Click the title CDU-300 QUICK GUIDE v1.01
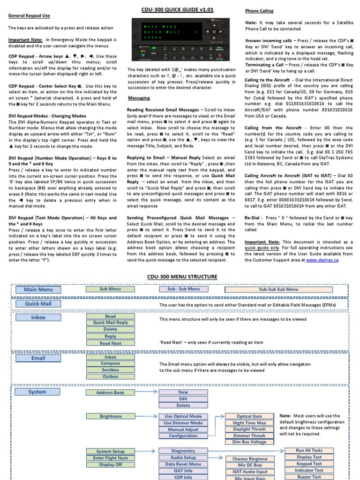pos(180,10)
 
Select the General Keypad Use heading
pos(29,15)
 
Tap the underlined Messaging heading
pos(139,98)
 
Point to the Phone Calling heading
pos(259,11)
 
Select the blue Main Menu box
pos(38,290)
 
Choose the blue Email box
pos(38,358)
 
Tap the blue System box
pos(37,392)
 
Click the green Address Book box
pos(110,392)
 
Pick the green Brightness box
pos(110,416)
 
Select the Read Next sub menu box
pos(110,343)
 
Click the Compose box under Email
pos(110,363)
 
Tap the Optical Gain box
pos(249,416)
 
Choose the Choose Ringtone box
pos(249,459)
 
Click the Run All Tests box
pos(309,450)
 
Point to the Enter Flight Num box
pos(110,458)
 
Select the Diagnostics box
pos(183,451)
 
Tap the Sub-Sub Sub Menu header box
pos(278,290)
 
